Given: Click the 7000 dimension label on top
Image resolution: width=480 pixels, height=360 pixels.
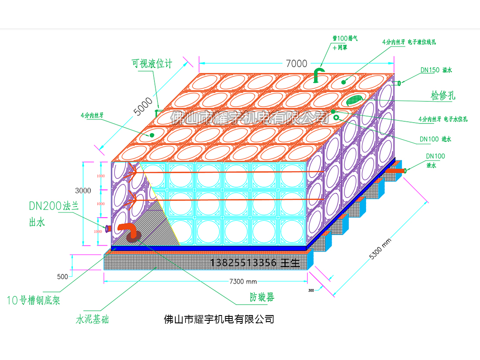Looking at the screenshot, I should tap(297, 64).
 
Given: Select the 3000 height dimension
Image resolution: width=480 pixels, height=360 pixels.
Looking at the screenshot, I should tap(83, 191).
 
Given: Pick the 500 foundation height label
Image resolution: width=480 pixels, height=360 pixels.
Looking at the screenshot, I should tap(62, 277).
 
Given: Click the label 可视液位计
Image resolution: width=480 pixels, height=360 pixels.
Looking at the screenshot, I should tap(152, 64).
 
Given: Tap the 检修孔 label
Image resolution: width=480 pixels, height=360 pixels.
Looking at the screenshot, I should tap(443, 96).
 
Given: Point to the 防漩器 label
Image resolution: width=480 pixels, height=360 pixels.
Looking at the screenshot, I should tap(262, 298).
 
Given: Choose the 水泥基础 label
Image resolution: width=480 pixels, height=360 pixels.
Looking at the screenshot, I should tap(92, 320).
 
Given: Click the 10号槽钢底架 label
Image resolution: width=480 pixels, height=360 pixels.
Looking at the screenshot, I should tap(34, 300).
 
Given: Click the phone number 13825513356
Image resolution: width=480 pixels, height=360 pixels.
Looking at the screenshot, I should tap(243, 263).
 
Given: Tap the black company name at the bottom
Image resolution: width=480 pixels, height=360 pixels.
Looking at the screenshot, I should tap(219, 319).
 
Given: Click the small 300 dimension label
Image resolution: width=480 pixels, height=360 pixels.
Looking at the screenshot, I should tap(311, 290).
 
